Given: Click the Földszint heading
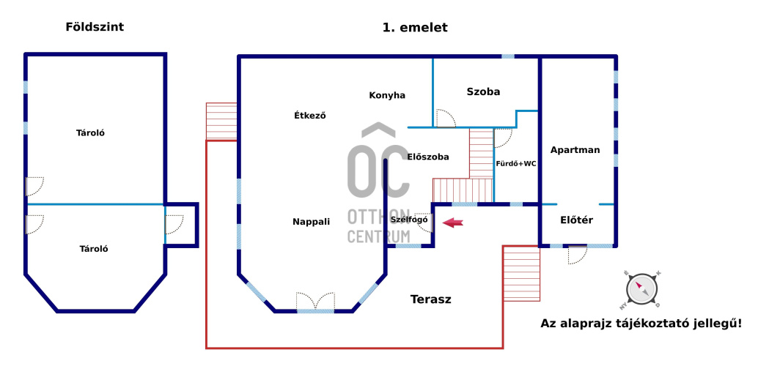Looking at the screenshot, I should pos(95,27).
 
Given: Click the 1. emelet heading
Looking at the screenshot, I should pos(415,28).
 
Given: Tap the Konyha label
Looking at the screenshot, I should pos(387,95).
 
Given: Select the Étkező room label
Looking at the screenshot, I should pos(309,115).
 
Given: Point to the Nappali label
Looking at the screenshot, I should pos(311,221).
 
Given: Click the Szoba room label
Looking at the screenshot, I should pos(483,91).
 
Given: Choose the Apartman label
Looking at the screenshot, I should pos(575,149).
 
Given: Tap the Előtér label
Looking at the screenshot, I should pos(576,220).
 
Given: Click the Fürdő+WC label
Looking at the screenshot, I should pos(516,164).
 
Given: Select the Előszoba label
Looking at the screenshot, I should pos(428,157).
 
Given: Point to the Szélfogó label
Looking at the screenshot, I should pos(409,220).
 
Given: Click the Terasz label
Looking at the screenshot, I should pos(430,299).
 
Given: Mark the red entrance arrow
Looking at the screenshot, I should pos(453,223).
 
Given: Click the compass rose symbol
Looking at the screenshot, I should pos(642,288).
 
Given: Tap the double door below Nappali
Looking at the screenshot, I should pos(315,302).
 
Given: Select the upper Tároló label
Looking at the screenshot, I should pos(92,133).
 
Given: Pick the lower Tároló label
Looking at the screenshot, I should pos(94,249).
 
